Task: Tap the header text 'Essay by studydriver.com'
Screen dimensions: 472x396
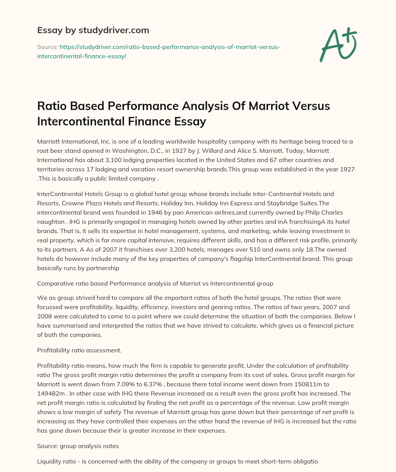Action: [x=93, y=30]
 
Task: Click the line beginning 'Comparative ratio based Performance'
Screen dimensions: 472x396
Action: [x=155, y=283]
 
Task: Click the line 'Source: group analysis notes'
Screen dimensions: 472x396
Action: [x=78, y=446]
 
